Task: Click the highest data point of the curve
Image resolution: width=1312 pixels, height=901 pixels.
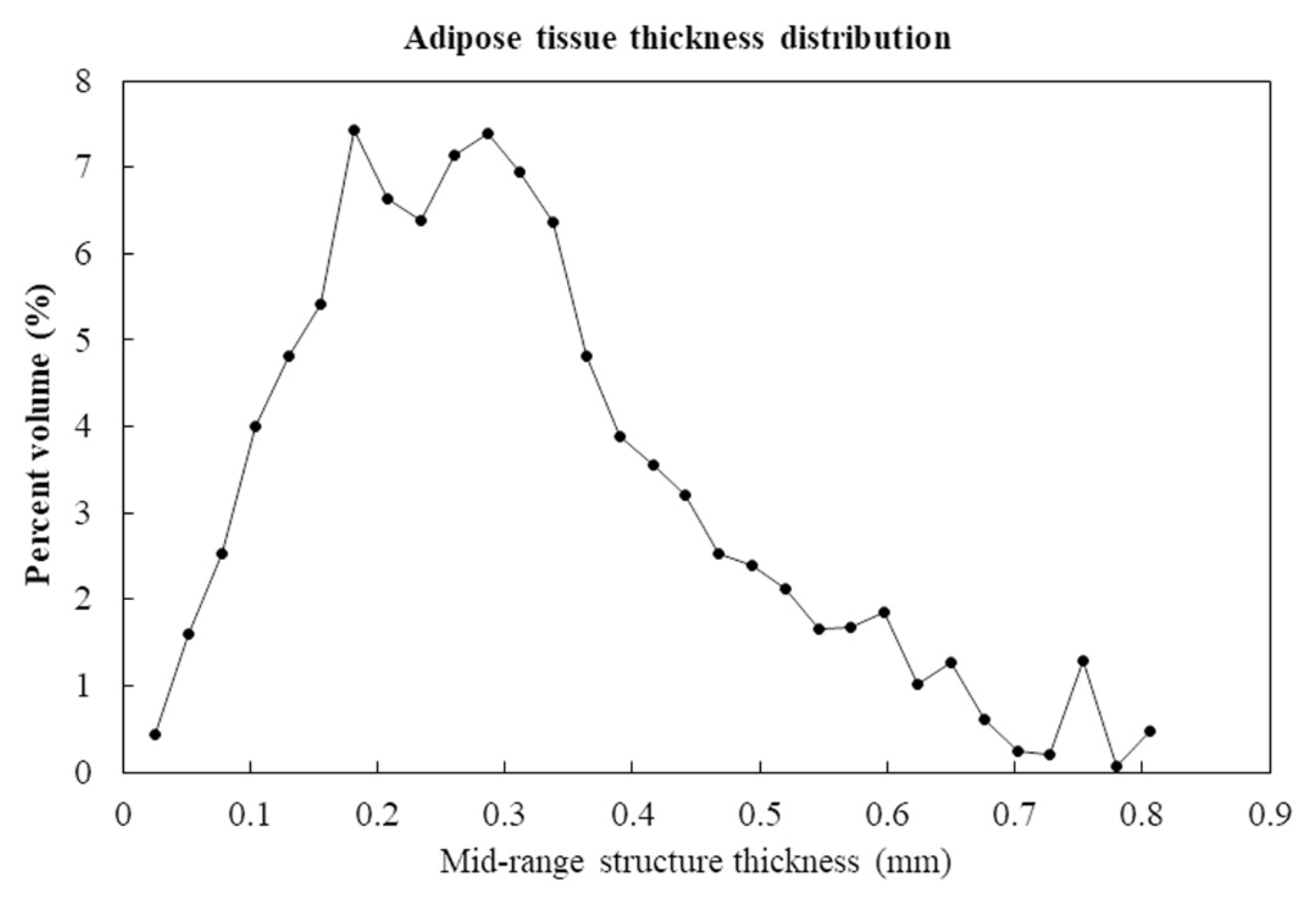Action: [354, 130]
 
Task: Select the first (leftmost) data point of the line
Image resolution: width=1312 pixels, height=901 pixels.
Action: [155, 734]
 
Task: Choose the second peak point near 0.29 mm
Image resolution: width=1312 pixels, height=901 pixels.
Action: [488, 134]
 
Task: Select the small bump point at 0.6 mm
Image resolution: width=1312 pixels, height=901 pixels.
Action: [885, 612]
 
